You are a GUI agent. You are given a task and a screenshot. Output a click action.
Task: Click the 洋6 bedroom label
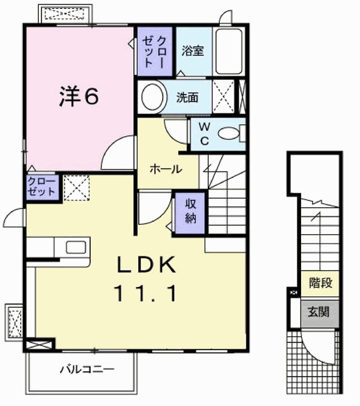79,96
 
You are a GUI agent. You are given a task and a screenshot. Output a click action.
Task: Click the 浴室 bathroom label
192,51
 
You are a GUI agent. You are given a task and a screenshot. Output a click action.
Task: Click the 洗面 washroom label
188,98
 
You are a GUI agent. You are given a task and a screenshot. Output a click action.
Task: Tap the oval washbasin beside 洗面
152,98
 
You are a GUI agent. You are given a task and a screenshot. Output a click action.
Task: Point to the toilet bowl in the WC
229,133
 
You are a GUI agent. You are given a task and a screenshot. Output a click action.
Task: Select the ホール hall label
166,169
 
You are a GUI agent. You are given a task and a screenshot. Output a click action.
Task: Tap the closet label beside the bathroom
154,51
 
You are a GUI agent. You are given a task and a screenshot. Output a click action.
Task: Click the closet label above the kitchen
42,187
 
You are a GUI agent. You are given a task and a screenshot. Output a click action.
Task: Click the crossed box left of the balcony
39,345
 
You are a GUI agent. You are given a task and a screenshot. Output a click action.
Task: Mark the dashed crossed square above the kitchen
75,188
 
